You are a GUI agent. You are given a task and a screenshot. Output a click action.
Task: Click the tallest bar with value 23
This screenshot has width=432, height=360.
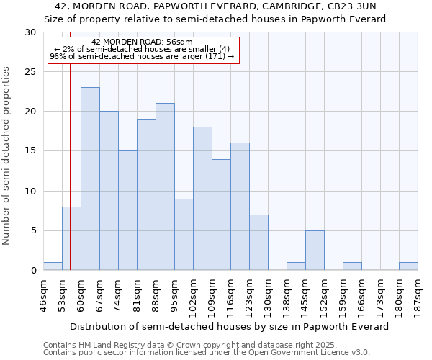pos(90,179)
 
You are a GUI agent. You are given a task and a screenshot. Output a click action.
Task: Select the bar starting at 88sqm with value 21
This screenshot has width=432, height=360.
pos(165,186)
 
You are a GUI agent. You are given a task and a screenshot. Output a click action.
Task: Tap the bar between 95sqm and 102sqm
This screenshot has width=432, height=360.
pos(184,234)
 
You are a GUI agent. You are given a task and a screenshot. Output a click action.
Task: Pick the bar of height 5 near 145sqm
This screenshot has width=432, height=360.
pos(315,250)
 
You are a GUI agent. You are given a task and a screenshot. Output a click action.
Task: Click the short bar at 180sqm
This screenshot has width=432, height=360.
pos(408,266)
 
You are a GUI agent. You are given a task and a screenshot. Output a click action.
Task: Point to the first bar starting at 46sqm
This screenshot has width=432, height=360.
pos(53,266)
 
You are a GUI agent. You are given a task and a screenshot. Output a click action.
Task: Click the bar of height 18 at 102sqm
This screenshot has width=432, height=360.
pos(202,198)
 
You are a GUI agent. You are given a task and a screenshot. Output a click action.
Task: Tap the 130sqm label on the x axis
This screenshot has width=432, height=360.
pos(268,296)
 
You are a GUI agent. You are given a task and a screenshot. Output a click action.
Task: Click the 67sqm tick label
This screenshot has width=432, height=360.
pos(99,296)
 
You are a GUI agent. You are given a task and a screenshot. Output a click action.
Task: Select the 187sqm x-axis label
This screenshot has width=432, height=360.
pos(418,296)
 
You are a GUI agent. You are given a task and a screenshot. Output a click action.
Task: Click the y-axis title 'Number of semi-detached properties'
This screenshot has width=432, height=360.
pos(7,156)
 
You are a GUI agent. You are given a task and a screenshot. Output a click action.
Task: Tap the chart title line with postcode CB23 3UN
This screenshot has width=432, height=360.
pos(215,6)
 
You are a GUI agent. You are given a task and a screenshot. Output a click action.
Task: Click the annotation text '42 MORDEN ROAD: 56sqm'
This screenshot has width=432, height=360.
pos(142,42)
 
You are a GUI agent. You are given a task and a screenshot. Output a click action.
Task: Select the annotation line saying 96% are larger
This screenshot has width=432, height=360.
pos(142,56)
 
